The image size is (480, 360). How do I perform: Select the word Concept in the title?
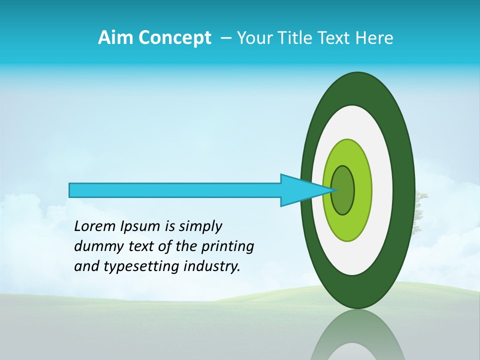click(x=175, y=38)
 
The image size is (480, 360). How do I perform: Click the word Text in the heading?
click(x=336, y=38)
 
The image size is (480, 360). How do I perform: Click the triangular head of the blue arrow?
click(x=300, y=190)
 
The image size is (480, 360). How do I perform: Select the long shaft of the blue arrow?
click(x=175, y=190)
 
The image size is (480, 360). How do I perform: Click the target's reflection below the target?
click(x=358, y=335)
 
